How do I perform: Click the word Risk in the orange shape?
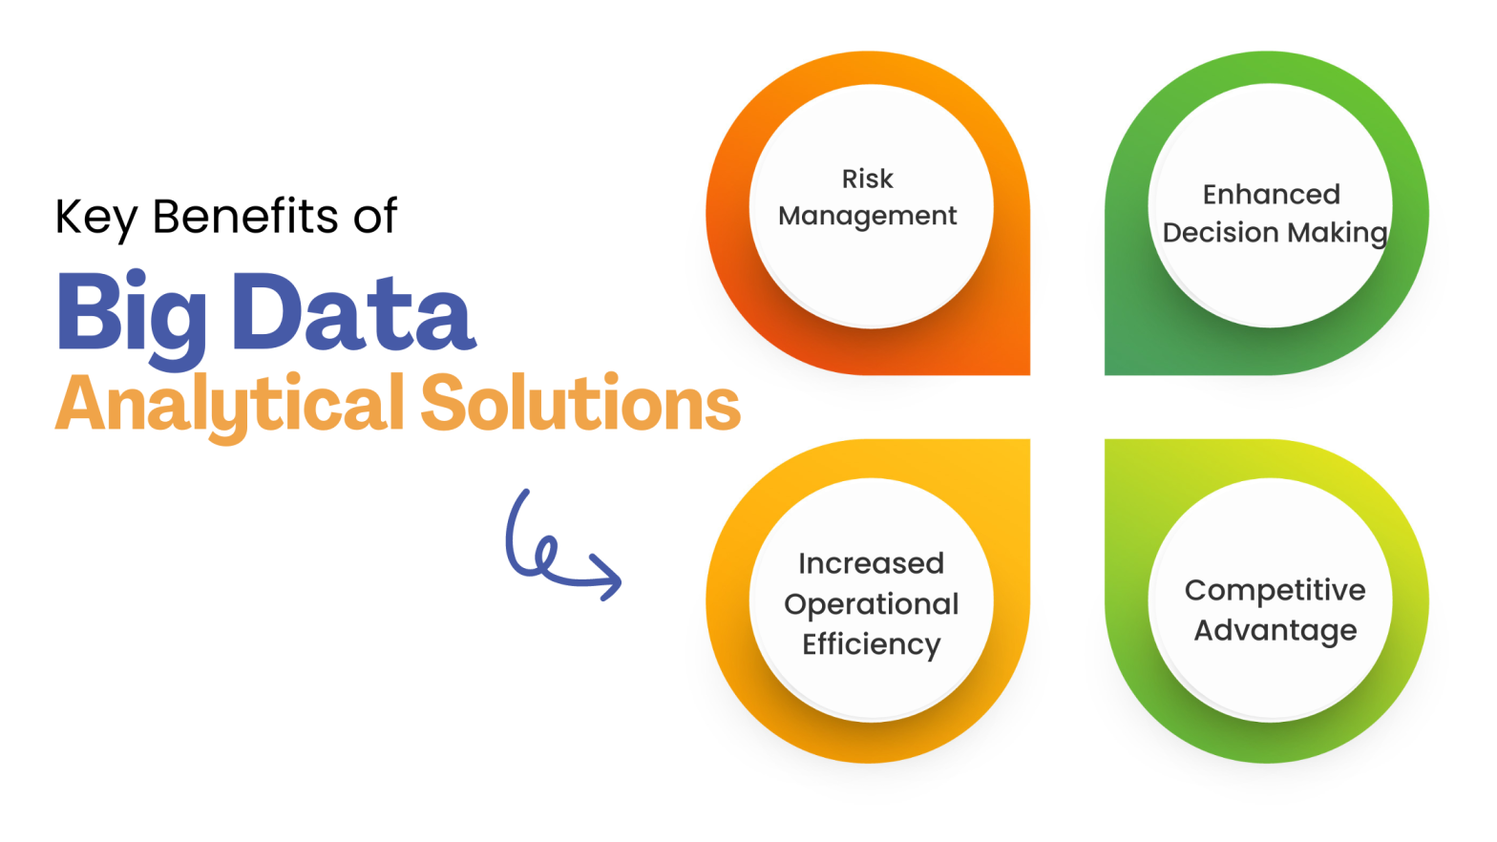pyautogui.click(x=867, y=179)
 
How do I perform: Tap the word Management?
pyautogui.click(x=867, y=217)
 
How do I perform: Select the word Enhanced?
pyautogui.click(x=1271, y=195)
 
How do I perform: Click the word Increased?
pyautogui.click(x=871, y=564)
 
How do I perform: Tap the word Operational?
pyautogui.click(x=871, y=604)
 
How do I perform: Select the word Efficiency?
pyautogui.click(x=871, y=645)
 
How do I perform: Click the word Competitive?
pyautogui.click(x=1275, y=591)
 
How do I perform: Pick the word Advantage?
pyautogui.click(x=1275, y=631)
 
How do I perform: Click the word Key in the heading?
pyautogui.click(x=96, y=218)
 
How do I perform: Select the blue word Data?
pyautogui.click(x=353, y=313)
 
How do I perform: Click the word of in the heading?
pyautogui.click(x=375, y=216)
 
